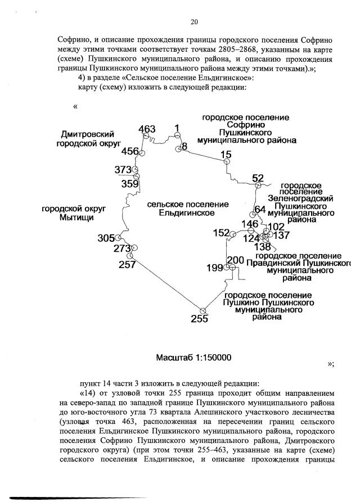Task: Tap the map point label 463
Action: pyautogui.click(x=147, y=130)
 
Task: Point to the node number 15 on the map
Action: pyautogui.click(x=226, y=155)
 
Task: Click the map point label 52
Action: pyautogui.click(x=258, y=178)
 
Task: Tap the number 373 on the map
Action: pyautogui.click(x=123, y=170)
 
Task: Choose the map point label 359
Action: pyautogui.click(x=130, y=183)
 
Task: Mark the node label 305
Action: pyautogui.click(x=106, y=238)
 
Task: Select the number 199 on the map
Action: pyautogui.click(x=215, y=268)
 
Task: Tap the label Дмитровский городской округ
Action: pyautogui.click(x=89, y=139)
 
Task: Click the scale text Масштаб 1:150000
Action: pyautogui.click(x=186, y=358)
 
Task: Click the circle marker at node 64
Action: pyautogui.click(x=254, y=214)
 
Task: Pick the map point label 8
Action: pyautogui.click(x=183, y=147)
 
